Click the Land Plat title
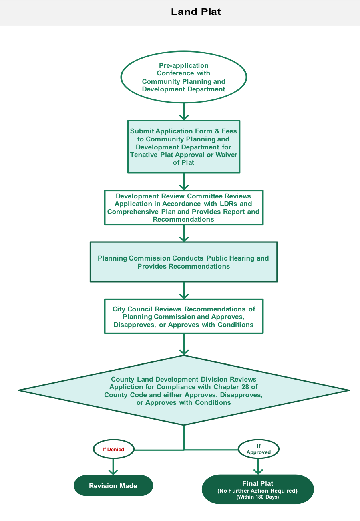[196, 12]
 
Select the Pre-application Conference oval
[184, 77]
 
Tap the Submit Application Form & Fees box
[184, 147]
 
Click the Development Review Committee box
[184, 208]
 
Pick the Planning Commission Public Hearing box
[184, 262]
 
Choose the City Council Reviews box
[184, 316]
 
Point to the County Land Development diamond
[184, 390]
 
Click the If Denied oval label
[113, 449]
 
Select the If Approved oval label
[259, 449]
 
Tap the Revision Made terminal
[113, 486]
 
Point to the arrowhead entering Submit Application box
[184, 117]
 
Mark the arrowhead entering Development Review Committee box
[184, 187]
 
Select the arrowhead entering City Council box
[184, 296]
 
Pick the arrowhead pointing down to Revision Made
[113, 472]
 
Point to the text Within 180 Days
[258, 497]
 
